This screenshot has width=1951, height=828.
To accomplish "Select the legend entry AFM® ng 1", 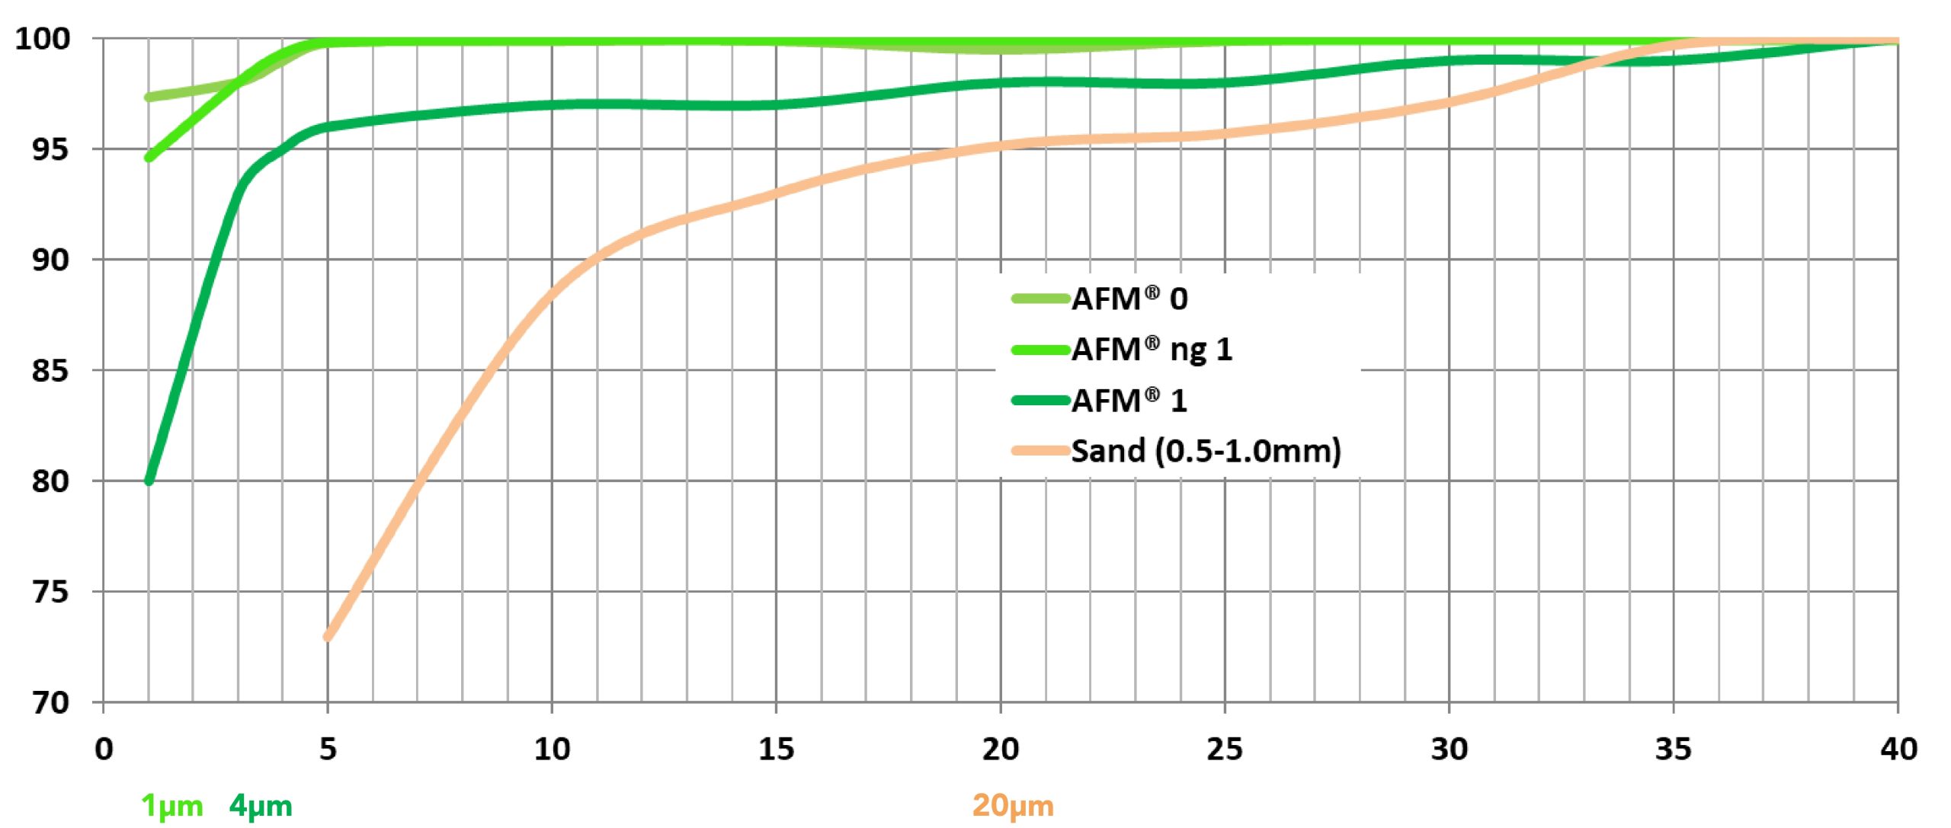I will coord(1152,350).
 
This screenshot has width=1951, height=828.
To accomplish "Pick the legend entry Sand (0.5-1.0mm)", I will coord(1206,451).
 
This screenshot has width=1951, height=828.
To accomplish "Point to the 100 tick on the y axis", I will coord(43,38).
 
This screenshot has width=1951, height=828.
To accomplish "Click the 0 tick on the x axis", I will coord(104,750).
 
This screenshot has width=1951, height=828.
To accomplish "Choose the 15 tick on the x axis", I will coord(776,750).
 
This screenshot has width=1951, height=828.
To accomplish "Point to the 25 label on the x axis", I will coord(1225,750).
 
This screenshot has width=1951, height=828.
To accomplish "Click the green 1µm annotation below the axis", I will coord(172,806).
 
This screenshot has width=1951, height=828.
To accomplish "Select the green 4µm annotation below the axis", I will coord(261,806).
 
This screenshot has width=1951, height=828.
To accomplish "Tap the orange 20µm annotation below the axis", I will coord(1013,806).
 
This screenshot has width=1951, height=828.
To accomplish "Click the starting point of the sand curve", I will coord(328,637).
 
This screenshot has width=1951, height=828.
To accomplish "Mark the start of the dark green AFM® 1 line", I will coord(149,481).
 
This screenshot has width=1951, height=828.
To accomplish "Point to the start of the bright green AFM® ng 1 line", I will coord(149,158).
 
